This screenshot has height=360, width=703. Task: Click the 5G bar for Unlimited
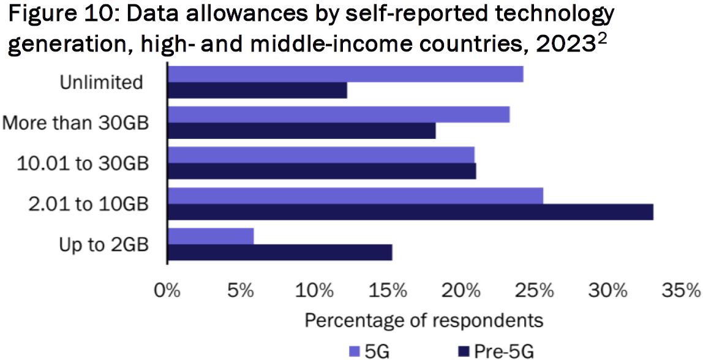[x=345, y=74]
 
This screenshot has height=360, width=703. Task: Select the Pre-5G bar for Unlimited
[x=257, y=90]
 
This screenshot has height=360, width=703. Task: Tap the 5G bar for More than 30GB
[x=339, y=114]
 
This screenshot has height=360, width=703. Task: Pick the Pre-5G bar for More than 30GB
[x=301, y=131]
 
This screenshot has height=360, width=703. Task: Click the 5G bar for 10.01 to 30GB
[x=321, y=155]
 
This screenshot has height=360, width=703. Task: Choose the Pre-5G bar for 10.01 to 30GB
[x=321, y=171]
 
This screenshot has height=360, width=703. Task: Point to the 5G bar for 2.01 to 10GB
[x=355, y=195]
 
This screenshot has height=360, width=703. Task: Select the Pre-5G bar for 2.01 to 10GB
[x=410, y=212]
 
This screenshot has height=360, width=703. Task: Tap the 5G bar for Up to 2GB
[x=211, y=236]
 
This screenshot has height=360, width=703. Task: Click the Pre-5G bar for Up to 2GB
[x=280, y=252]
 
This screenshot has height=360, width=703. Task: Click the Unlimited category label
[x=101, y=82]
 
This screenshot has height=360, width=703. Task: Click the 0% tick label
[x=167, y=290]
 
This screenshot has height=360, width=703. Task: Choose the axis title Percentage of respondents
[x=424, y=320]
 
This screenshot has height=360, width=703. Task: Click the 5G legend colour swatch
[x=354, y=351]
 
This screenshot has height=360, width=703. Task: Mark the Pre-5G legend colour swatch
[x=464, y=351]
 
